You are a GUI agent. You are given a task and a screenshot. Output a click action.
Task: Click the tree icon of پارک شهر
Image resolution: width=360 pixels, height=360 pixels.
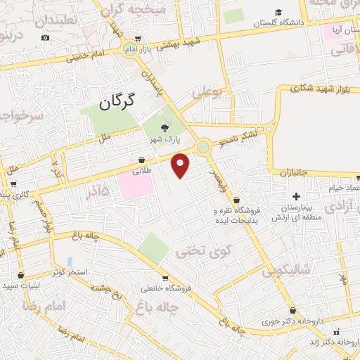coord(165,127)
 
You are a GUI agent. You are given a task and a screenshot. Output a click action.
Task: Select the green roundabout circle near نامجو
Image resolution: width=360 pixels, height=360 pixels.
coord(202,148)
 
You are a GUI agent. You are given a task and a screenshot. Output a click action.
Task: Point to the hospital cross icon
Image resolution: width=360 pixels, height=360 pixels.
coord(296,195)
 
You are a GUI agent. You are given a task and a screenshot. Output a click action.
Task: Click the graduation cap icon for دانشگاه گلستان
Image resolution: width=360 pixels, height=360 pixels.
coord(279,13)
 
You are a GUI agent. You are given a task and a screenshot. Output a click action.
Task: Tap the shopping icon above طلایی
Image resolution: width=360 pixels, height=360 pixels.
coord(141,160)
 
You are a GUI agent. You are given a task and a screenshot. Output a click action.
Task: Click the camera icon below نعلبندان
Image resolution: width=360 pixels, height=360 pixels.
coord(46,37)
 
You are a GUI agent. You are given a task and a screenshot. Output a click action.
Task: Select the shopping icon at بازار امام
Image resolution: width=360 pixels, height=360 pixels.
coord(138,39)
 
